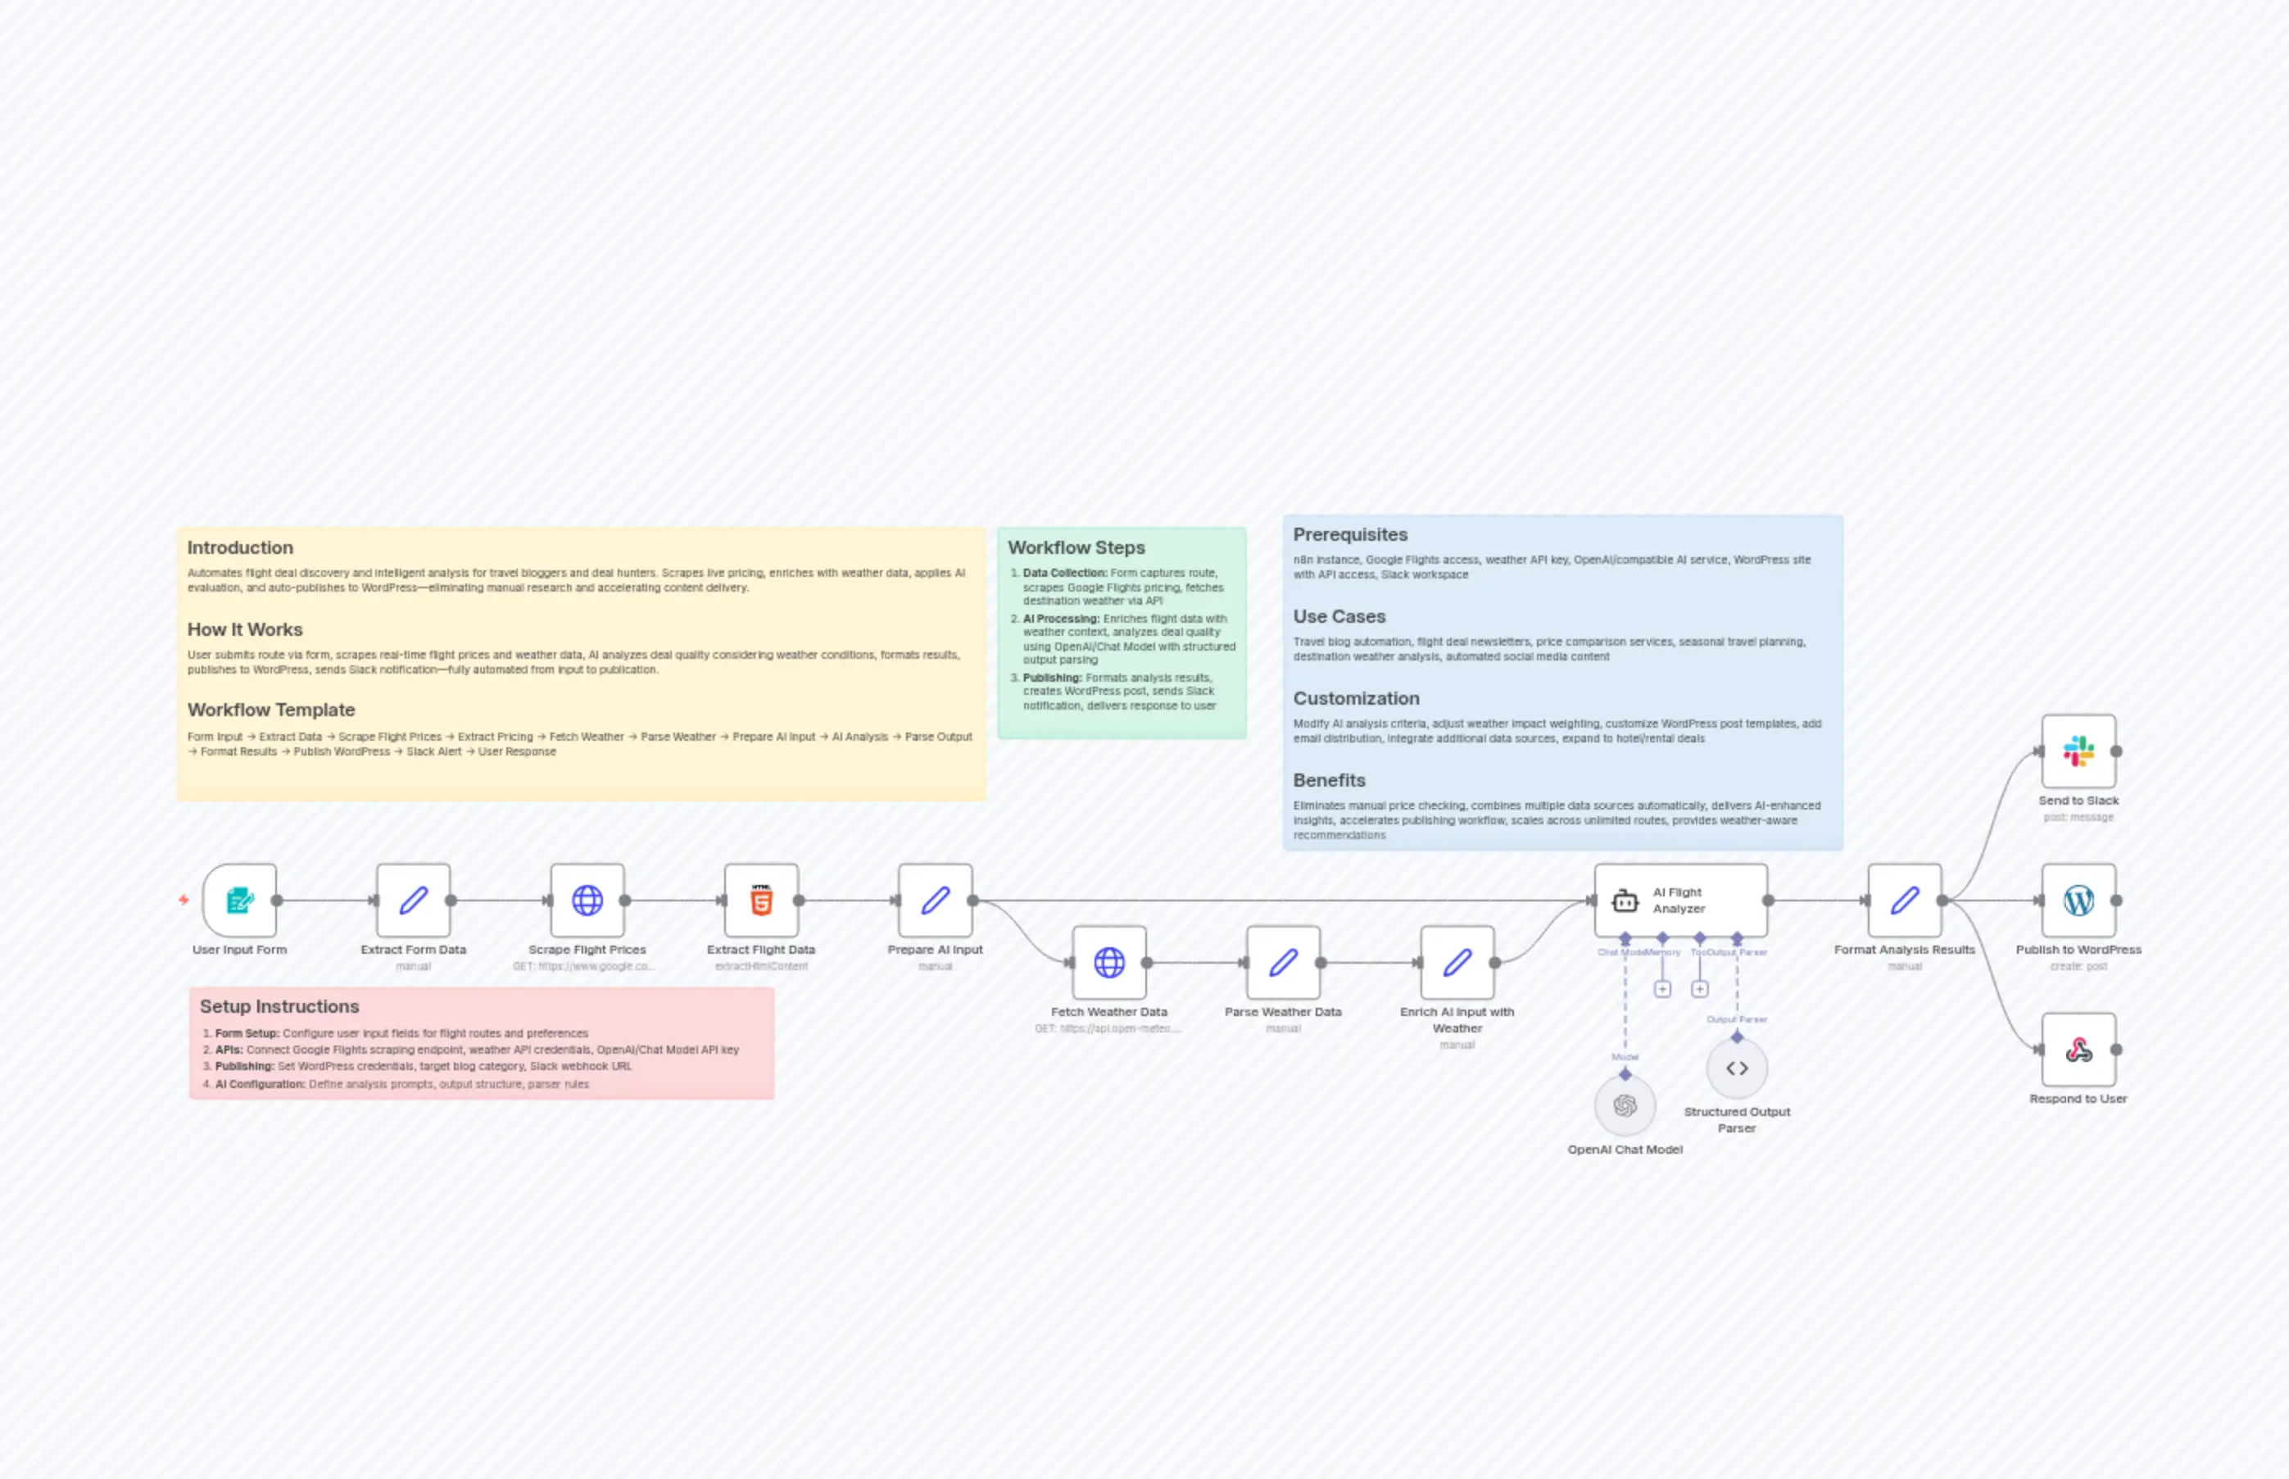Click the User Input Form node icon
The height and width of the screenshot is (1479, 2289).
(239, 900)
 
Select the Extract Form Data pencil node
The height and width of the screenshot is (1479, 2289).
(413, 900)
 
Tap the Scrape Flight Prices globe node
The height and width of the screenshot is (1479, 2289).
(587, 900)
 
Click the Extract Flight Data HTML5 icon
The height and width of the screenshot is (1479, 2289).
(761, 900)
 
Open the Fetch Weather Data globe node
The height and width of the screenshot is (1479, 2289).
(1109, 962)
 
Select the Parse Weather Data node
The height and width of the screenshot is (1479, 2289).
(1283, 962)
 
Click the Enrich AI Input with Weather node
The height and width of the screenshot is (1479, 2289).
(1457, 962)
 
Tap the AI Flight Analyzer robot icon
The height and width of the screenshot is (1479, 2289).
(1625, 901)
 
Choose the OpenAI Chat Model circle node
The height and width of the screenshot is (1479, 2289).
(1625, 1105)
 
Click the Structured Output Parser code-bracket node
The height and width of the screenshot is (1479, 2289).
(1736, 1068)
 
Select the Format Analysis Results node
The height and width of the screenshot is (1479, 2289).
(1904, 900)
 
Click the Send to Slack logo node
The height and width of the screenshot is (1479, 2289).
(2078, 751)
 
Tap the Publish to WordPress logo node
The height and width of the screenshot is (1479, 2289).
(2078, 900)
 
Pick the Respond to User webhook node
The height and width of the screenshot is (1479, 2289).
(2078, 1050)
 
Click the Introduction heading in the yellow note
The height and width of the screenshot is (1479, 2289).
(240, 547)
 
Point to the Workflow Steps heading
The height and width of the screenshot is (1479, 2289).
(1076, 547)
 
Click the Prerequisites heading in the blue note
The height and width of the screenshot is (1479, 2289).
(1349, 535)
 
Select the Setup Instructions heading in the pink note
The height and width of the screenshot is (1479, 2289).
(279, 1006)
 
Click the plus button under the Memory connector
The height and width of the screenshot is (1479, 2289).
(1662, 989)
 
